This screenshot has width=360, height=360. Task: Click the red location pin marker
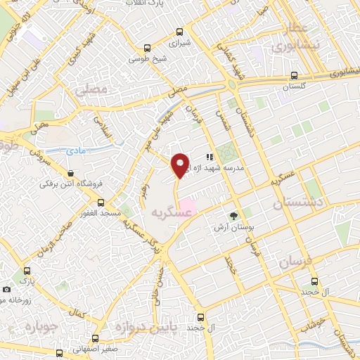181,165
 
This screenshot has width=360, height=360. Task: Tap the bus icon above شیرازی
180,32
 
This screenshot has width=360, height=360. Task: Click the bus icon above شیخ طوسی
147,49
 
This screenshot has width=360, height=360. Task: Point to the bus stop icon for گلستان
295,75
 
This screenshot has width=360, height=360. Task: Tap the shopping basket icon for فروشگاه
70,173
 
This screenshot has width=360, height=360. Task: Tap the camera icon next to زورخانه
7,289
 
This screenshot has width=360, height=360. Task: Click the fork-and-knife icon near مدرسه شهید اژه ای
209,157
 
